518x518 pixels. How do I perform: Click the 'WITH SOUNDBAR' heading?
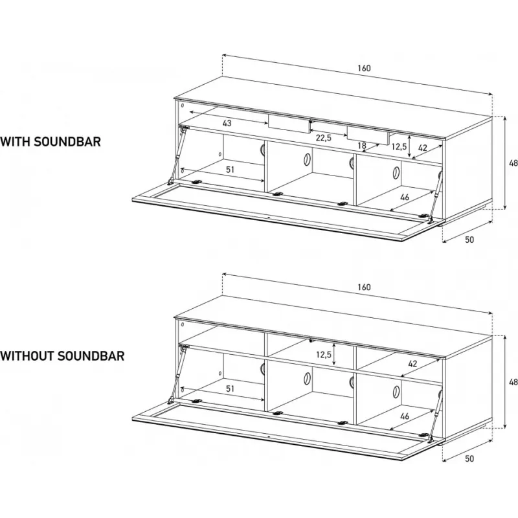pyautogui.click(x=51, y=141)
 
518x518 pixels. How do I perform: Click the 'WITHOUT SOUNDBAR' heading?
pyautogui.click(x=62, y=355)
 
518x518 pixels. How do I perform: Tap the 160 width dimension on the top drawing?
pyautogui.click(x=364, y=68)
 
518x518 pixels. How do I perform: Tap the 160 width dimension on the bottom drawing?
pyautogui.click(x=364, y=287)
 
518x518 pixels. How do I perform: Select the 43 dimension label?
pyautogui.click(x=227, y=123)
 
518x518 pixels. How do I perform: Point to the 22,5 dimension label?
pyautogui.click(x=323, y=138)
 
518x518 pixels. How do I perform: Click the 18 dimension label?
pyautogui.click(x=362, y=145)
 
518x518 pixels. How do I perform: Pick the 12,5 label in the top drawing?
pyautogui.click(x=399, y=146)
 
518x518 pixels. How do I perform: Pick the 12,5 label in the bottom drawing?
pyautogui.click(x=324, y=355)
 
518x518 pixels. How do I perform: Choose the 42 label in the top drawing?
pyautogui.click(x=423, y=148)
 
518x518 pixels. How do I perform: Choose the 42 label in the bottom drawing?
pyautogui.click(x=412, y=364)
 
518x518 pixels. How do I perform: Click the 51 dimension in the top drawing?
pyautogui.click(x=230, y=170)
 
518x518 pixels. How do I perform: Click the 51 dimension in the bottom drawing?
pyautogui.click(x=230, y=388)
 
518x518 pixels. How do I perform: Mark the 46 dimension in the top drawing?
pyautogui.click(x=405, y=197)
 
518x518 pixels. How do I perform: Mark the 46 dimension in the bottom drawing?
pyautogui.click(x=405, y=416)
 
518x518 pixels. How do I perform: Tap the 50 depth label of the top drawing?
pyautogui.click(x=469, y=240)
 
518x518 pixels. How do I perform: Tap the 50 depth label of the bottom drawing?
pyautogui.click(x=469, y=458)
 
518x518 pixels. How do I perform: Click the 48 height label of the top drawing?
pyautogui.click(x=513, y=163)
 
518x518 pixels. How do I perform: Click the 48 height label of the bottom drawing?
pyautogui.click(x=513, y=382)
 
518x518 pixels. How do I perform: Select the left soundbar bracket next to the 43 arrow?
pyautogui.click(x=289, y=124)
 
